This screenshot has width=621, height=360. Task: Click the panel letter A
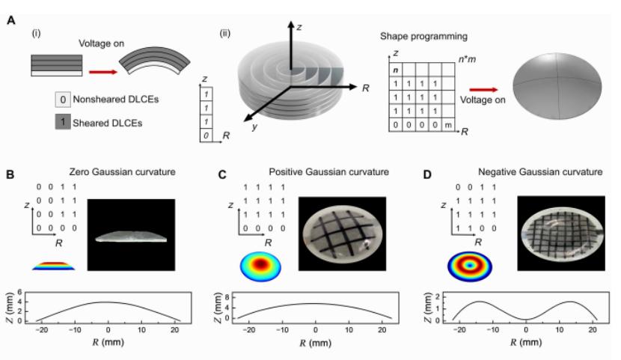[11, 20]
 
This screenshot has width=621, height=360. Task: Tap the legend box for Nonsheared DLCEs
[63, 100]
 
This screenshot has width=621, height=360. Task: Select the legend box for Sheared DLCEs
[63, 122]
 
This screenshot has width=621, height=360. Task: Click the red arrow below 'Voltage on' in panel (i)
[103, 72]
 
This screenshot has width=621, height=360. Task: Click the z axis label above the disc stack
[299, 28]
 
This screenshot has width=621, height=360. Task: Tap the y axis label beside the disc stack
[254, 126]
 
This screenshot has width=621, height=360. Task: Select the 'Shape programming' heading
[423, 37]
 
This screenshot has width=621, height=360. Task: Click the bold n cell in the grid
[395, 70]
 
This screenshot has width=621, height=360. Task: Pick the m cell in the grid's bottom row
[448, 125]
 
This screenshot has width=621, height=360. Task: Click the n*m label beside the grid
[467, 59]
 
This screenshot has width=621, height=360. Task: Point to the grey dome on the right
[557, 86]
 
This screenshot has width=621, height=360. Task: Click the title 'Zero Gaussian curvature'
[123, 172]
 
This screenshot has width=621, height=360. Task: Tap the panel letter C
[222, 174]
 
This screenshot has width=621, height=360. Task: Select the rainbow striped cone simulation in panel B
[53, 266]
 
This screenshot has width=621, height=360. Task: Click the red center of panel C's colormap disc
[260, 264]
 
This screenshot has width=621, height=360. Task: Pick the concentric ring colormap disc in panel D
[470, 266]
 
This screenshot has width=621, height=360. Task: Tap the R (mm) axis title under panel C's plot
[315, 343]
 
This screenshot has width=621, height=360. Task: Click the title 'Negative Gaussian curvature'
[540, 172]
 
